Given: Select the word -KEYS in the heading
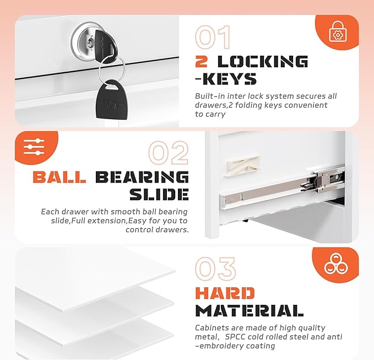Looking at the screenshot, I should click(226, 79).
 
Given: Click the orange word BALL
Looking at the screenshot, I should click(59, 177).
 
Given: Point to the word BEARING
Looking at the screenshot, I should click(142, 177).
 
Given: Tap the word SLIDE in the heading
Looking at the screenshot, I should click(159, 194).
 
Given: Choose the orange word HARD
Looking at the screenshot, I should click(225, 293).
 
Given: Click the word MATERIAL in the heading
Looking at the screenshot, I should click(250, 310).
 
